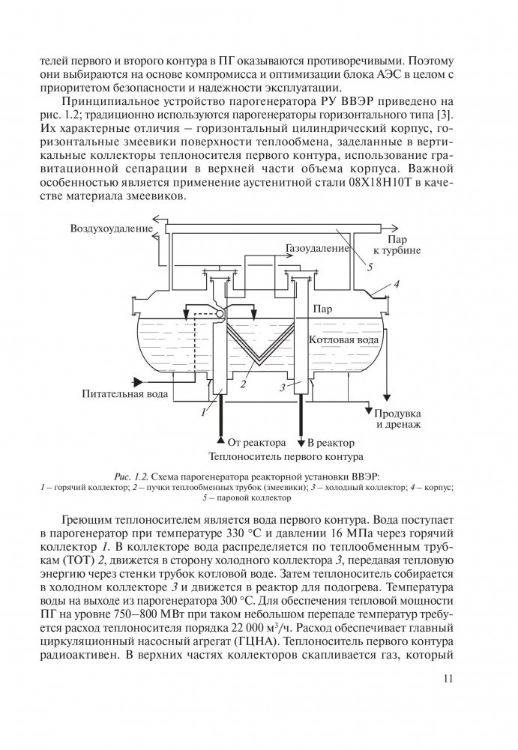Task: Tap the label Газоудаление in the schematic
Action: pyautogui.click(x=318, y=247)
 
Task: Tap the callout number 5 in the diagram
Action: pyautogui.click(x=370, y=264)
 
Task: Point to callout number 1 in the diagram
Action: pyautogui.click(x=204, y=411)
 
